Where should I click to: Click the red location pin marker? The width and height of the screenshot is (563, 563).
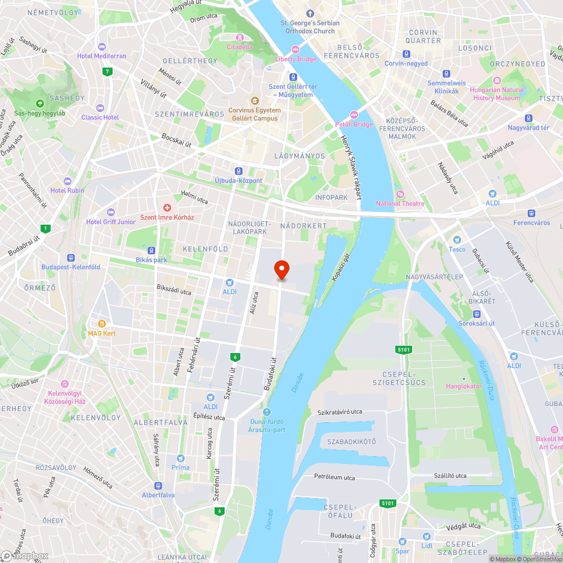coord(281,270)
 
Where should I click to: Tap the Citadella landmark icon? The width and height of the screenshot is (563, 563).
coord(240,38)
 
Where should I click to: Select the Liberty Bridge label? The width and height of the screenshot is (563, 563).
coord(296,59)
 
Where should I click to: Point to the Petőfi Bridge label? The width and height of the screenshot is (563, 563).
coord(354,124)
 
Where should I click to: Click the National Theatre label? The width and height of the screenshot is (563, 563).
coord(400,203)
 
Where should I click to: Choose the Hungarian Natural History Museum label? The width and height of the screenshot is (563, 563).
coord(497,93)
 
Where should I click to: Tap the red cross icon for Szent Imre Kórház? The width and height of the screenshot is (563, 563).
coord(167,208)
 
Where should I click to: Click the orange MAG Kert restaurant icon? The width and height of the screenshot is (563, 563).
coord(102,324)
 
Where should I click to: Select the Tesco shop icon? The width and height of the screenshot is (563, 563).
coord(457,240)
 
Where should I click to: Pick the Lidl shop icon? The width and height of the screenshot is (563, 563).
coord(426,537)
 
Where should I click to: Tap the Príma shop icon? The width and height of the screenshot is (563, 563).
coord(181,458)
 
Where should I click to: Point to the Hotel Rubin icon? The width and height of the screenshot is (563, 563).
coord(68,181)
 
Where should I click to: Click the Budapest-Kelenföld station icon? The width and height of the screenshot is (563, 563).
coord(70,257)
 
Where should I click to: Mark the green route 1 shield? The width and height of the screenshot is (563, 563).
coord(45,228)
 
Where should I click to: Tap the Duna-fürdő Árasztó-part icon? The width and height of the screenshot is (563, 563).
coord(267,413)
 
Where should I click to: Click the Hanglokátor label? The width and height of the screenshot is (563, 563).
coord(464,386)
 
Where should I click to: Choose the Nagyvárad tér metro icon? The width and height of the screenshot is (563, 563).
coord(528,118)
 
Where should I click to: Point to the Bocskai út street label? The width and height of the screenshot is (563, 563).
coord(176,140)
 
